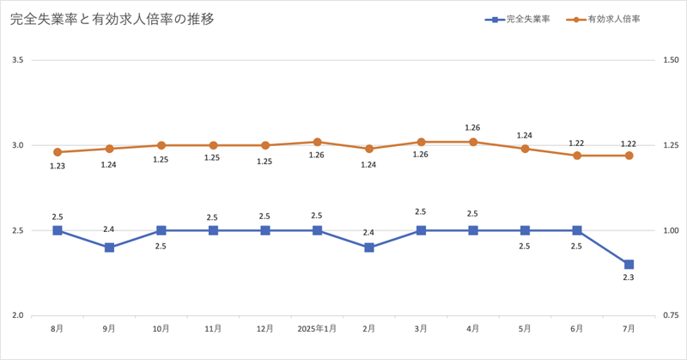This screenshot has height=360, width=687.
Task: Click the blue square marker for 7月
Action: [x=629, y=265]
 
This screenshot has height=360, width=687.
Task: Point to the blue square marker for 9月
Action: [x=110, y=247]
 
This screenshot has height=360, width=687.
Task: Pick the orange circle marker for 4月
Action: [x=473, y=142]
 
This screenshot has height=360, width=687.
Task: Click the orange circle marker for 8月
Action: [x=58, y=152]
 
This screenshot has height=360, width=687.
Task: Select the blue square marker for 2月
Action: [x=369, y=247]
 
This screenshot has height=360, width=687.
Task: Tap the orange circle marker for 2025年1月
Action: [x=317, y=142]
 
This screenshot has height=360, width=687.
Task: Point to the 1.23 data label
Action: [x=58, y=167]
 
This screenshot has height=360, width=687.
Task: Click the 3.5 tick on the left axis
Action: [x=18, y=60]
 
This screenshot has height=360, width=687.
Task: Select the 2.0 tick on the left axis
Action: [x=18, y=315]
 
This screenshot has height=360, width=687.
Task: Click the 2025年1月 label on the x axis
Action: [x=317, y=328]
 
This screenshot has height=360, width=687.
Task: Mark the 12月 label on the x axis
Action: [x=265, y=328]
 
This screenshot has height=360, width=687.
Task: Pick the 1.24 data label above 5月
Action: [x=525, y=135]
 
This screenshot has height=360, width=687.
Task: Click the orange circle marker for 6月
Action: [x=577, y=156]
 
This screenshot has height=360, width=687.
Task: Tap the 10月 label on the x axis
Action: [x=161, y=328]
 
